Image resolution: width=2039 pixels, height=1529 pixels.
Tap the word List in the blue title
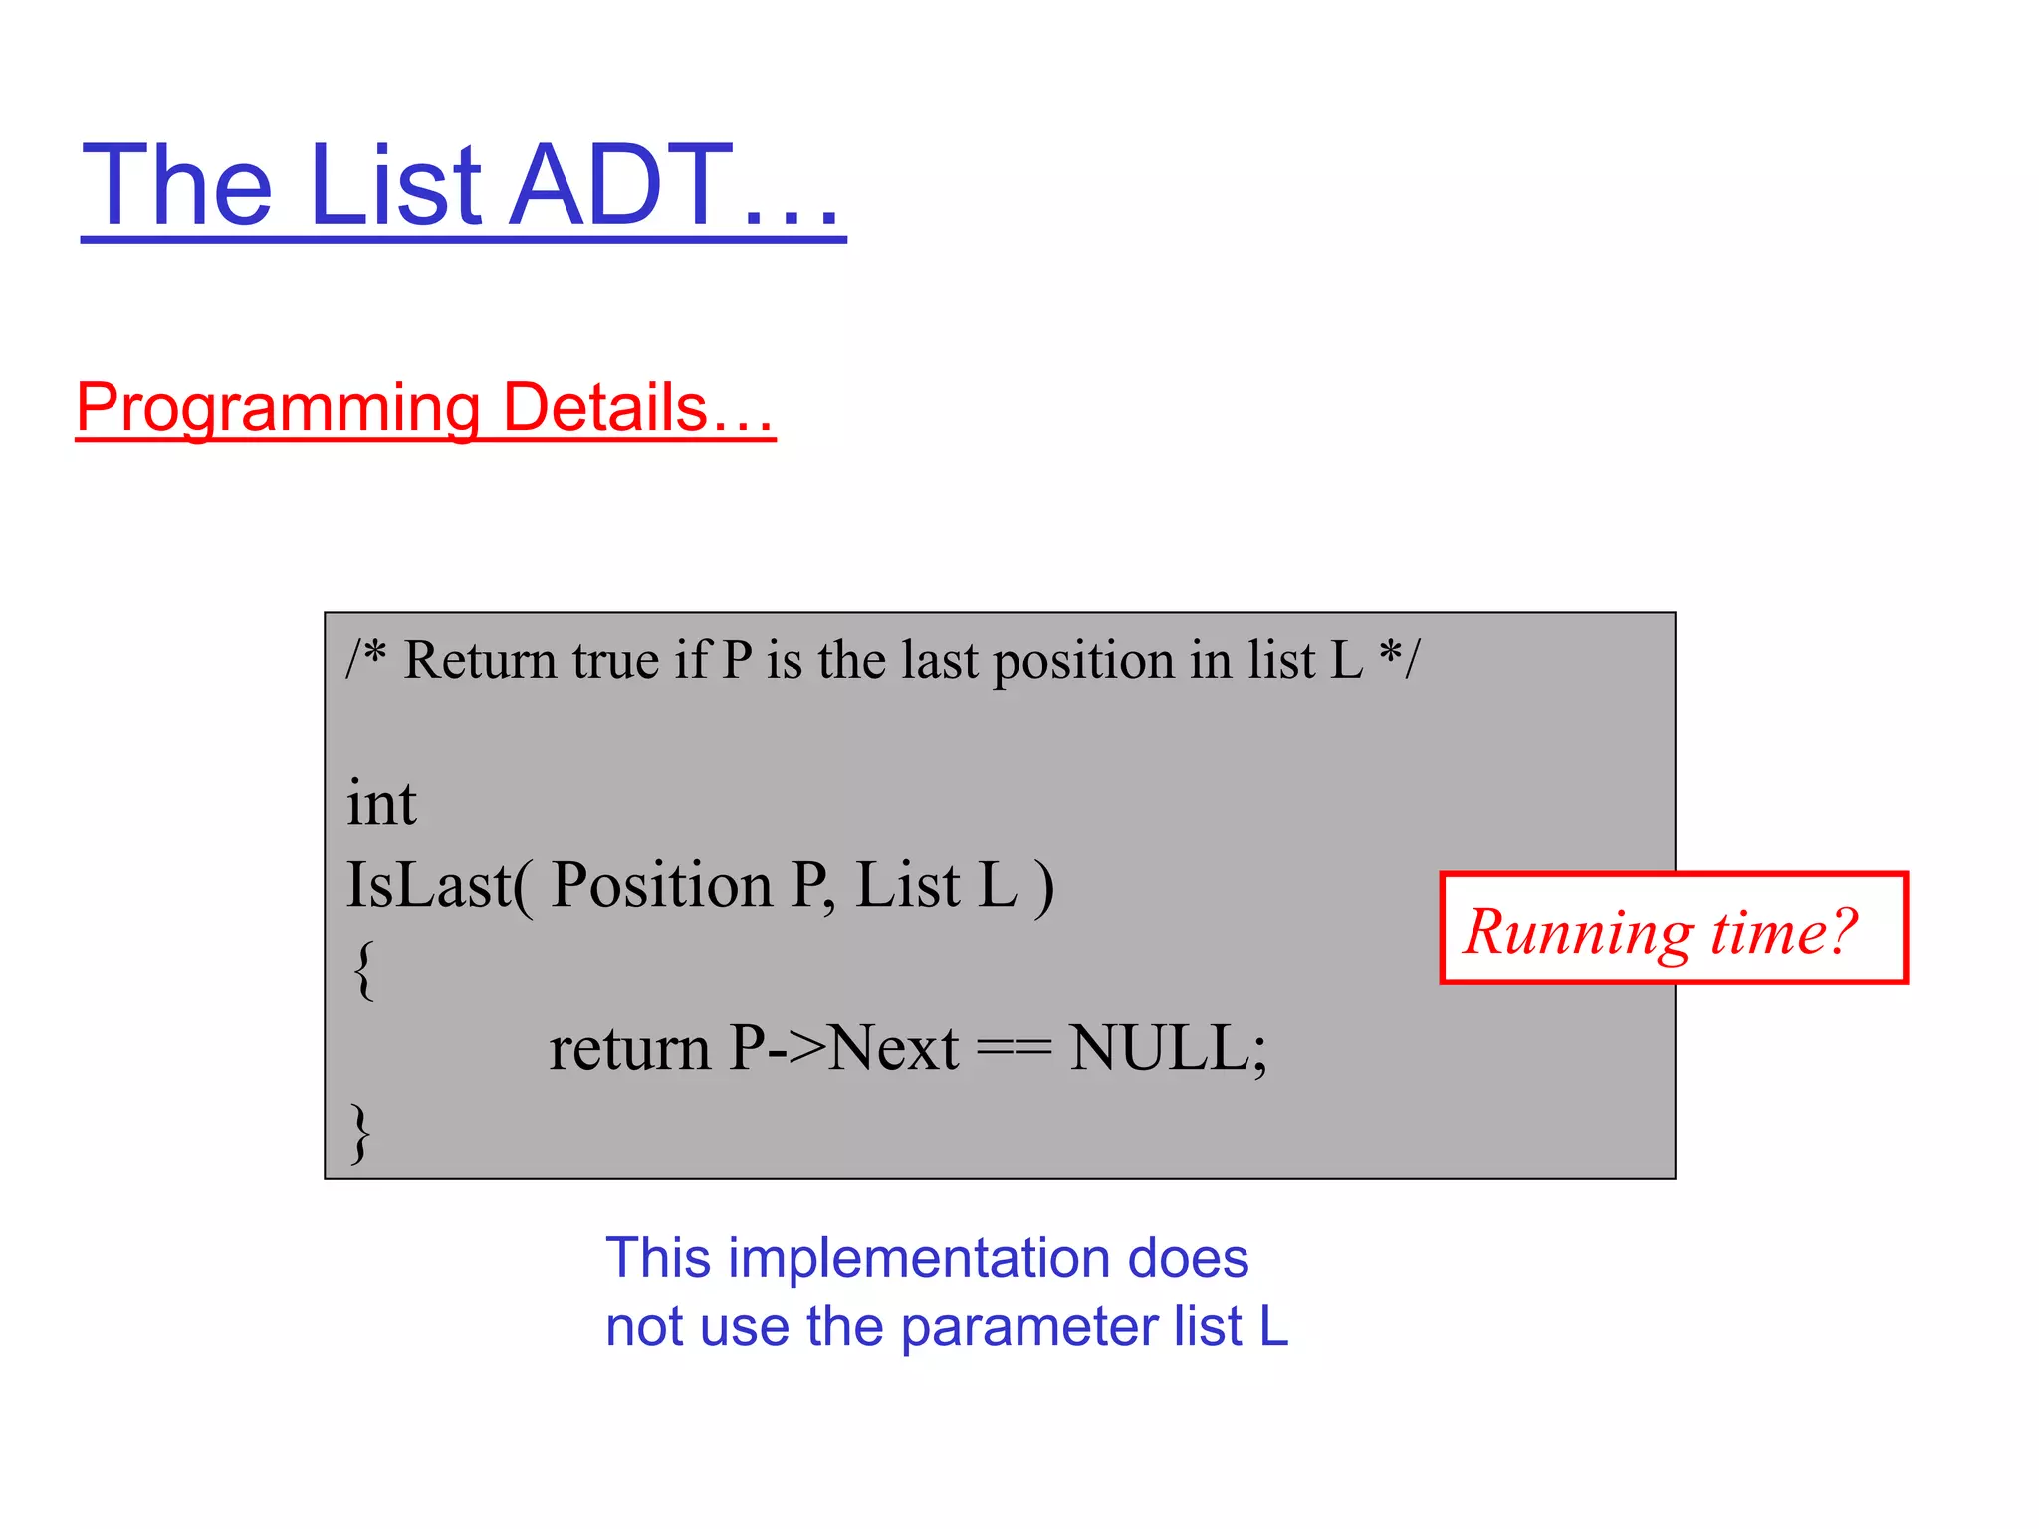tap(394, 185)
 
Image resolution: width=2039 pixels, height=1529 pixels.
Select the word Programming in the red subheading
tap(279, 408)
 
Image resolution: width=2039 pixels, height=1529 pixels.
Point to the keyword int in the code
tap(381, 803)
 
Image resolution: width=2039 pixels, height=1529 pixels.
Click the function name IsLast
tap(428, 885)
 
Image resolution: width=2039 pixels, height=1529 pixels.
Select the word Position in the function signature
tap(661, 885)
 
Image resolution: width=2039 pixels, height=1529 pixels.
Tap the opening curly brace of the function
tap(363, 970)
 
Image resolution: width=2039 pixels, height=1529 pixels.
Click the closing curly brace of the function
tap(361, 1132)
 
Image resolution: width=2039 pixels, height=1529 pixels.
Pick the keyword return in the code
tap(629, 1049)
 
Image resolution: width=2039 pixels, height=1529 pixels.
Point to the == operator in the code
tap(1014, 1050)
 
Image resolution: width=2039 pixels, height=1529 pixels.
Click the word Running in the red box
tap(1578, 933)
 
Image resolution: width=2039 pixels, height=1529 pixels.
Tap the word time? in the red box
tap(1784, 932)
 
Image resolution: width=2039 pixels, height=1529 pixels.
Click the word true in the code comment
tap(615, 660)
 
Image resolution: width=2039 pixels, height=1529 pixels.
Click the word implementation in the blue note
tap(917, 1258)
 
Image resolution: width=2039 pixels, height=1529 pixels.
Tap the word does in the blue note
tap(1188, 1258)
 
